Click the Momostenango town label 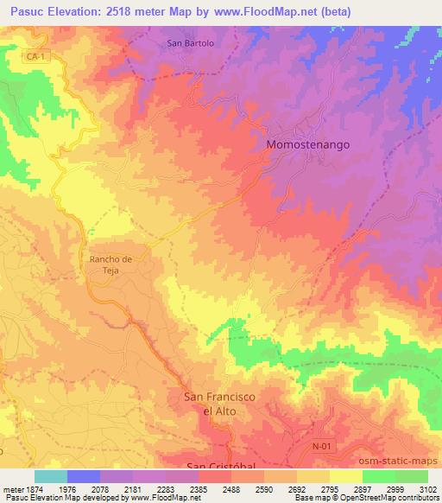308,145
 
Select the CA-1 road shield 35,56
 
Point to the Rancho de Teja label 110,264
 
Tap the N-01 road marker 321,446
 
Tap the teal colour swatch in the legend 51,476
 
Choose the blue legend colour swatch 84,476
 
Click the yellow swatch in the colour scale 346,476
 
